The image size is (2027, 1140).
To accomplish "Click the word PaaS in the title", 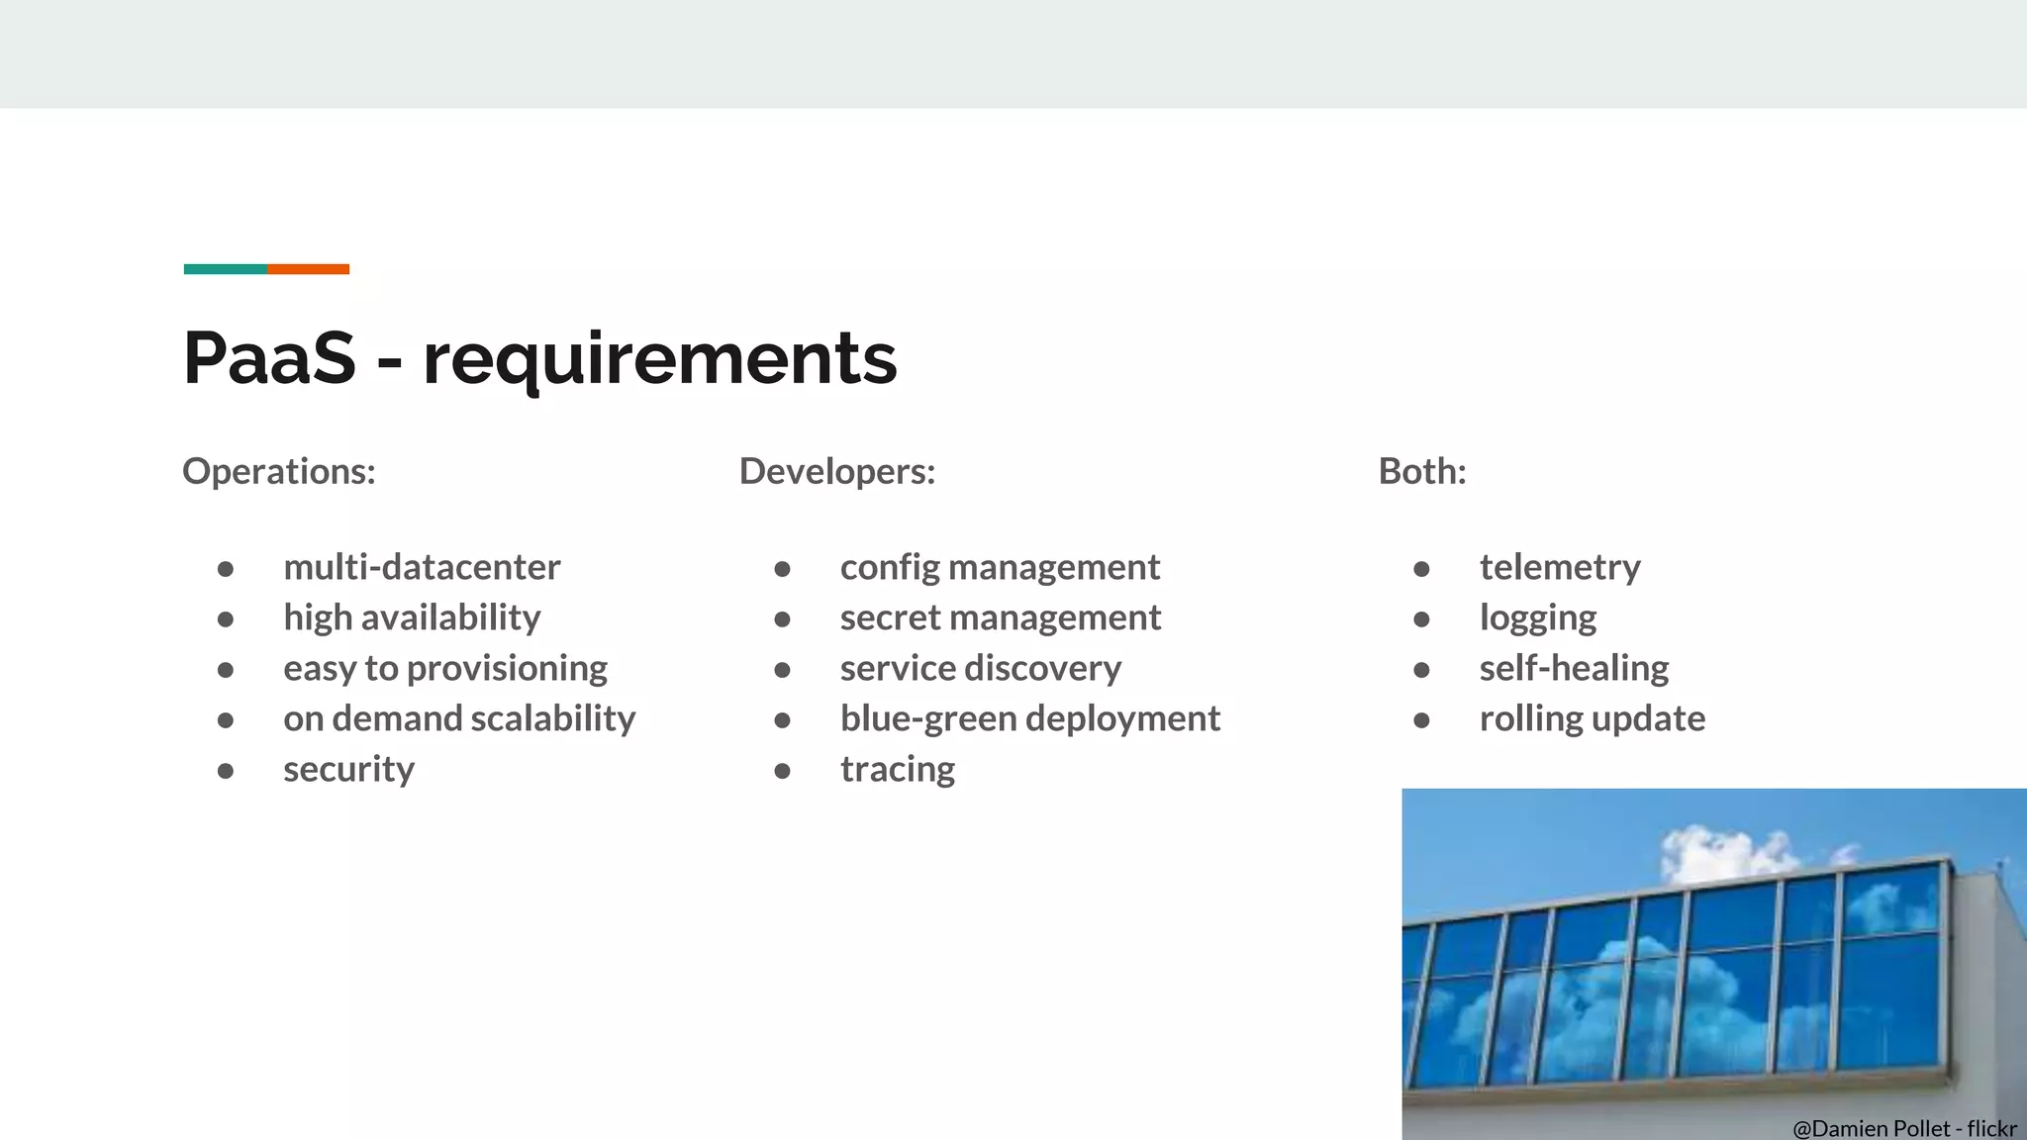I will [269, 357].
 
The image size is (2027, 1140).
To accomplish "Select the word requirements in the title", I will [659, 359].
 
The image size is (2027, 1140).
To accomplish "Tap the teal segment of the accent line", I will [225, 269].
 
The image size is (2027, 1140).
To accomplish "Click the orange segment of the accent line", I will [308, 269].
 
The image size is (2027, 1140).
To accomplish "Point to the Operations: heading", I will [279, 471].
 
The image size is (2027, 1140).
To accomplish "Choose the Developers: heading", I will [836, 471].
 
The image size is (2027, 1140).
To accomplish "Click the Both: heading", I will [1421, 471].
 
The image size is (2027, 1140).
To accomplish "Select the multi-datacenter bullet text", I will [422, 567].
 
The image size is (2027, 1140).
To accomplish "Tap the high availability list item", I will [412, 617].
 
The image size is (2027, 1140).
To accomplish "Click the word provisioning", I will [507, 669].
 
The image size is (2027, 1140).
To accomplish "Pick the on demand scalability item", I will [459, 718].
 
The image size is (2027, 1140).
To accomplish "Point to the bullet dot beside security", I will [226, 770].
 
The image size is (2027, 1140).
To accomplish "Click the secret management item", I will [1000, 617].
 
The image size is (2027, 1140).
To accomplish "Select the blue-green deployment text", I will [1029, 718].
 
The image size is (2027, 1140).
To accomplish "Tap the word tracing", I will [898, 769].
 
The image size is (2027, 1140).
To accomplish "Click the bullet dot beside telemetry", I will [1421, 568].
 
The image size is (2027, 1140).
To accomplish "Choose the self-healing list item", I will [1574, 668].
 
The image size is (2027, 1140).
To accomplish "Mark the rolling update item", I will [1592, 718].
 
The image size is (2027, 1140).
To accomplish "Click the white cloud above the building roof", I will [1722, 852].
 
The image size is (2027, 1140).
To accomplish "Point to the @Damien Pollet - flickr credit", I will [1903, 1128].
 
